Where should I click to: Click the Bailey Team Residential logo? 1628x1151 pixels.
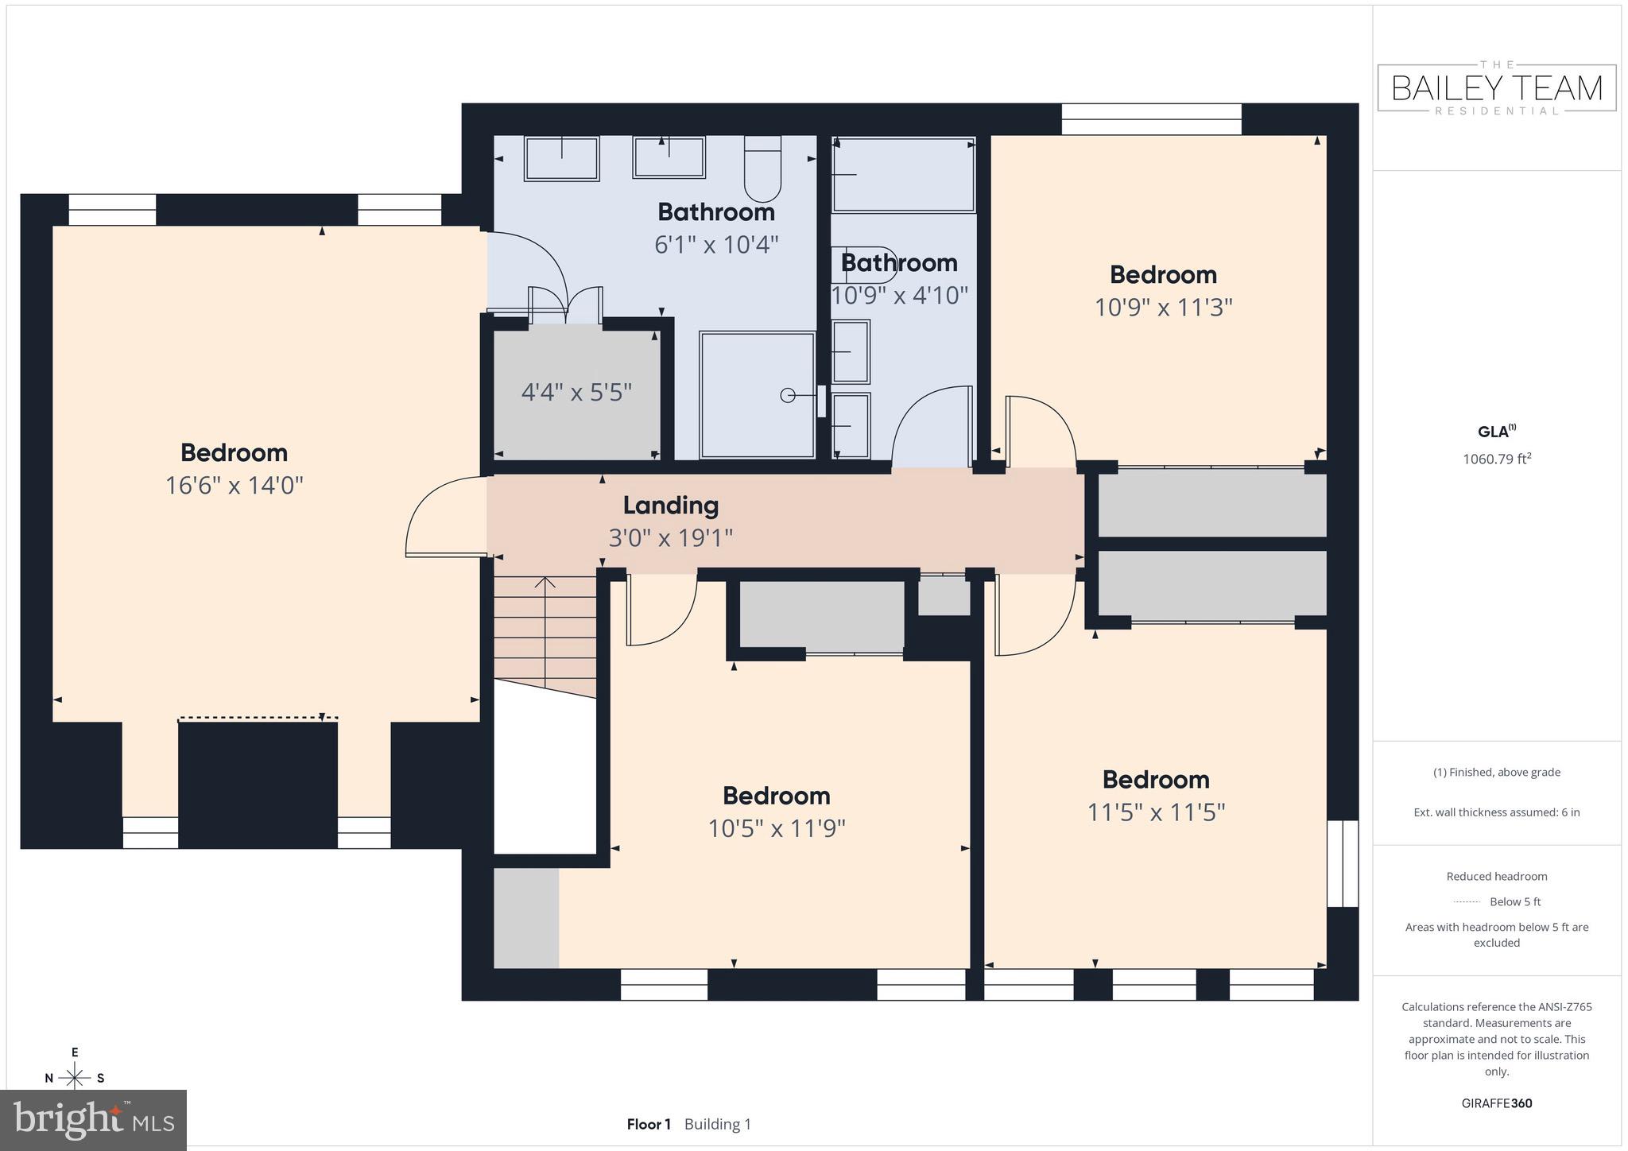[1497, 87]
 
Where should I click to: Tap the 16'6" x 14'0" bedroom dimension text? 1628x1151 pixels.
[234, 486]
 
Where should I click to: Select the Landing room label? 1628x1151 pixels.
[670, 506]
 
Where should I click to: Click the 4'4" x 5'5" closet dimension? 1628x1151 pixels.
[576, 392]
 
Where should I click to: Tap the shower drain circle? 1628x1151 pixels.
[787, 395]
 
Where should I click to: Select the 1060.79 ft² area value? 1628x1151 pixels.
[1497, 459]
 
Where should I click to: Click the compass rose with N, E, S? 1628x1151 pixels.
[75, 1077]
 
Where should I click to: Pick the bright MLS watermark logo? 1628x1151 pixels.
[94, 1120]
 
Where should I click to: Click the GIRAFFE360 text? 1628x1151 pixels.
[1497, 1103]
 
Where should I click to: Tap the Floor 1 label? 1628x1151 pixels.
[649, 1124]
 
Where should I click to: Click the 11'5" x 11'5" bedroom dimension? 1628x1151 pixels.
[1156, 812]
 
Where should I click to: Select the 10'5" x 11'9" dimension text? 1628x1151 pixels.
[777, 829]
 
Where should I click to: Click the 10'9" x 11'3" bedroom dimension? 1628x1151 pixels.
[1163, 308]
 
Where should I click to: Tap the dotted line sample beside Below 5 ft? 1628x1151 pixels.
[1467, 902]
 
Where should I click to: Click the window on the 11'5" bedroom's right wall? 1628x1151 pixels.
[1343, 863]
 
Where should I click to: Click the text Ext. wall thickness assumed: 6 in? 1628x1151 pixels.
[1497, 812]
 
